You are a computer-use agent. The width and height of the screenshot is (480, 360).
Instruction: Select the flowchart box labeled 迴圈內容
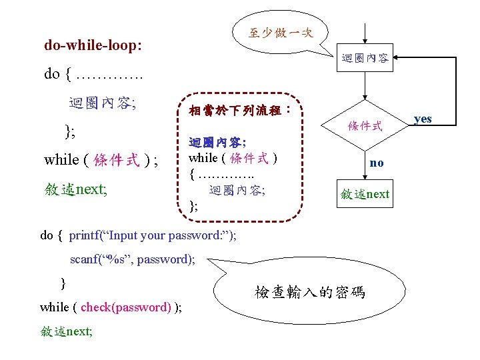coord(365,59)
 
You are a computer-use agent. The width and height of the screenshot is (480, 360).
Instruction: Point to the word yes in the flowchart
coord(423,119)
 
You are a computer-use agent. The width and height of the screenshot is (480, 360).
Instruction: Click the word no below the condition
coord(377,163)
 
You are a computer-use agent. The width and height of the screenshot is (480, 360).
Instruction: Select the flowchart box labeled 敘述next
coord(365,194)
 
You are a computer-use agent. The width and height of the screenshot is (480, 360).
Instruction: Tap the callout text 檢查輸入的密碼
coord(310,292)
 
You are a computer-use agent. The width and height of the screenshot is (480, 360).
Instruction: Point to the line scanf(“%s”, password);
coord(133,259)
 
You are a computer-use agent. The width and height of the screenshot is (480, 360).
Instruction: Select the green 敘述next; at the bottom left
coord(66,330)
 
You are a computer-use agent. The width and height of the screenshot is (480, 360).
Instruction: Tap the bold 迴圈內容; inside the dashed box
coord(217,143)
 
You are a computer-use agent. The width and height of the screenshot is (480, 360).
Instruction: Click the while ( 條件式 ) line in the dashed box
coord(233,158)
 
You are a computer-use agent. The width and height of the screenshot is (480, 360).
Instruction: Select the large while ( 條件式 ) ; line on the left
coord(101,160)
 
